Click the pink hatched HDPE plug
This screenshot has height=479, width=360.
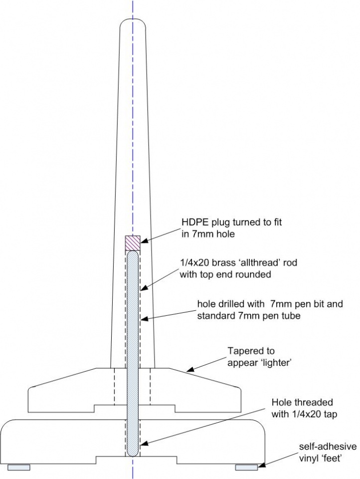click(x=133, y=243)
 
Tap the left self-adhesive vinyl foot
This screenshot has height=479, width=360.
click(x=18, y=467)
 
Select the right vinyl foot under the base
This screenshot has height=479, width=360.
click(x=246, y=467)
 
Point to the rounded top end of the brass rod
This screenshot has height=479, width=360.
click(x=133, y=254)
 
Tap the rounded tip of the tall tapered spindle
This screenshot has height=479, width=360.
click(x=133, y=22)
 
